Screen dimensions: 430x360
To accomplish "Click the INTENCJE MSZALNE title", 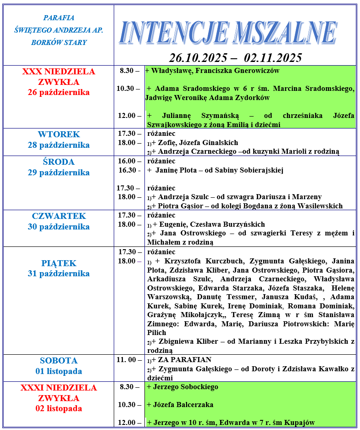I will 228,33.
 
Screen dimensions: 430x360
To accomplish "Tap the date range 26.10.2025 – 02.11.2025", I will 235,58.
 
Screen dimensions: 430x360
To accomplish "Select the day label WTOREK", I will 59,134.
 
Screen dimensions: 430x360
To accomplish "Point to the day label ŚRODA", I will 59,162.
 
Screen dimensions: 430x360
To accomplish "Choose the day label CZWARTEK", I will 59,216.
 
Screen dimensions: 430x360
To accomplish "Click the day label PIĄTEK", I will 59,263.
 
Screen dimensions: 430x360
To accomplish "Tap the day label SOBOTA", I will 59,361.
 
